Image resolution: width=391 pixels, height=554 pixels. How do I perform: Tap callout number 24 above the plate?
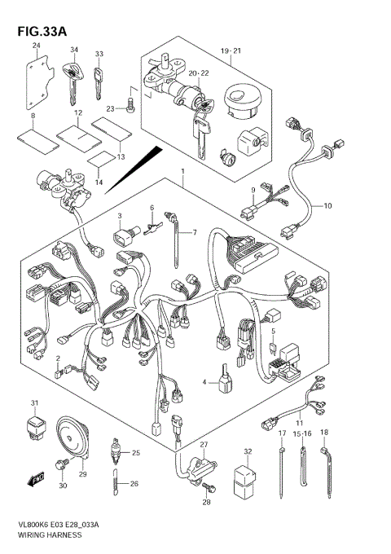tap(36, 46)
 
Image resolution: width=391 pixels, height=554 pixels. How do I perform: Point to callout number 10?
tap(328, 206)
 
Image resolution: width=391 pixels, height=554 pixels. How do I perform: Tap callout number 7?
tap(194, 233)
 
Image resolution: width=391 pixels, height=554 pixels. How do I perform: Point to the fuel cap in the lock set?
tap(244, 102)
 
